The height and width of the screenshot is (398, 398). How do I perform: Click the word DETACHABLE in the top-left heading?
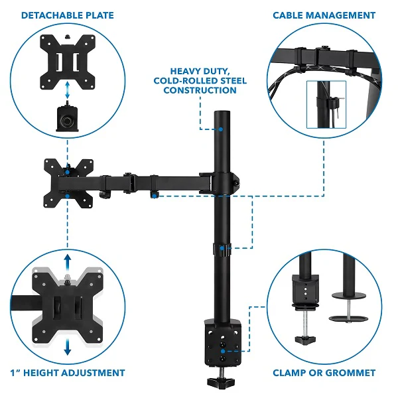point(52,15)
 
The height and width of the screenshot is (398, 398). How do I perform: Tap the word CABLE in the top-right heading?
point(288,15)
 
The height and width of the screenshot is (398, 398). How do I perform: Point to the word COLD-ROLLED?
point(186,81)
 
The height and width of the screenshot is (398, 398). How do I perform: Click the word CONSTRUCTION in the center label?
point(200,90)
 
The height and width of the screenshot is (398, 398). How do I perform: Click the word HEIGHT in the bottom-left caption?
point(41,373)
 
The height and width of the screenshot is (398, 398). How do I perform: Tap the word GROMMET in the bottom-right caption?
point(350,373)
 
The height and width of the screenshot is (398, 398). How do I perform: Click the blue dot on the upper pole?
point(221,129)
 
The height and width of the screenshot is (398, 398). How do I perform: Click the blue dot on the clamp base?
point(223,352)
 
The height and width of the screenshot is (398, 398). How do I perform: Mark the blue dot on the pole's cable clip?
point(222,248)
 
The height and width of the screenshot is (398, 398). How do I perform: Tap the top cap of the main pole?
point(222,113)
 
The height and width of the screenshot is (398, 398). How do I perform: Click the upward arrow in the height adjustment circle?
point(67,262)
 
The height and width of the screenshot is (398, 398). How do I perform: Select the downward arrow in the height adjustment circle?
point(67,347)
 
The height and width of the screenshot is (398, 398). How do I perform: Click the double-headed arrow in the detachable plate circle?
point(67,90)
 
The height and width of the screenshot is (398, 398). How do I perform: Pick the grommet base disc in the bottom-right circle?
point(348,319)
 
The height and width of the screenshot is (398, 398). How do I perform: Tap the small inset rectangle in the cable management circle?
point(326,105)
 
